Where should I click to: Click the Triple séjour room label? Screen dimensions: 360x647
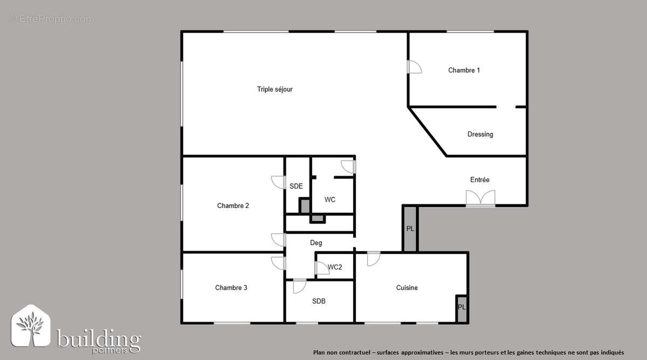click(274, 89)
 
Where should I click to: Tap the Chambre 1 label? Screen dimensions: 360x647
click(464, 70)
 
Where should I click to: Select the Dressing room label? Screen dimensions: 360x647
click(480, 134)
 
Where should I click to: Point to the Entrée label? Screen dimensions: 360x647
click(479, 180)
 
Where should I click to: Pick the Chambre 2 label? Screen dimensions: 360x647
click(233, 205)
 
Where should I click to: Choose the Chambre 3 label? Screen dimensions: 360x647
click(231, 288)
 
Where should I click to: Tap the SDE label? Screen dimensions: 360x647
click(296, 186)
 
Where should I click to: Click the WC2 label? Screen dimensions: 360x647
click(335, 267)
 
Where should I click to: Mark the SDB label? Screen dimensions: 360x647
click(319, 301)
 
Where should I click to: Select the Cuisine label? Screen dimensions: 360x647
click(407, 288)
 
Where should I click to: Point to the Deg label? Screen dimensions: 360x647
click(316, 243)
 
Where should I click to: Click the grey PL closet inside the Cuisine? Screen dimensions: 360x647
click(462, 308)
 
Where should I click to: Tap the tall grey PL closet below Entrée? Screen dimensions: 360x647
click(410, 229)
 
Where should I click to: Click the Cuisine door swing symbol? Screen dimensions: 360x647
click(373, 259)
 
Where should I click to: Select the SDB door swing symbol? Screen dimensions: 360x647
click(299, 286)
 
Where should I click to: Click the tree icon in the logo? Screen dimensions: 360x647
click(31, 329)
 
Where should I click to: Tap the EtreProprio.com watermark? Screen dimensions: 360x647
click(51, 19)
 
